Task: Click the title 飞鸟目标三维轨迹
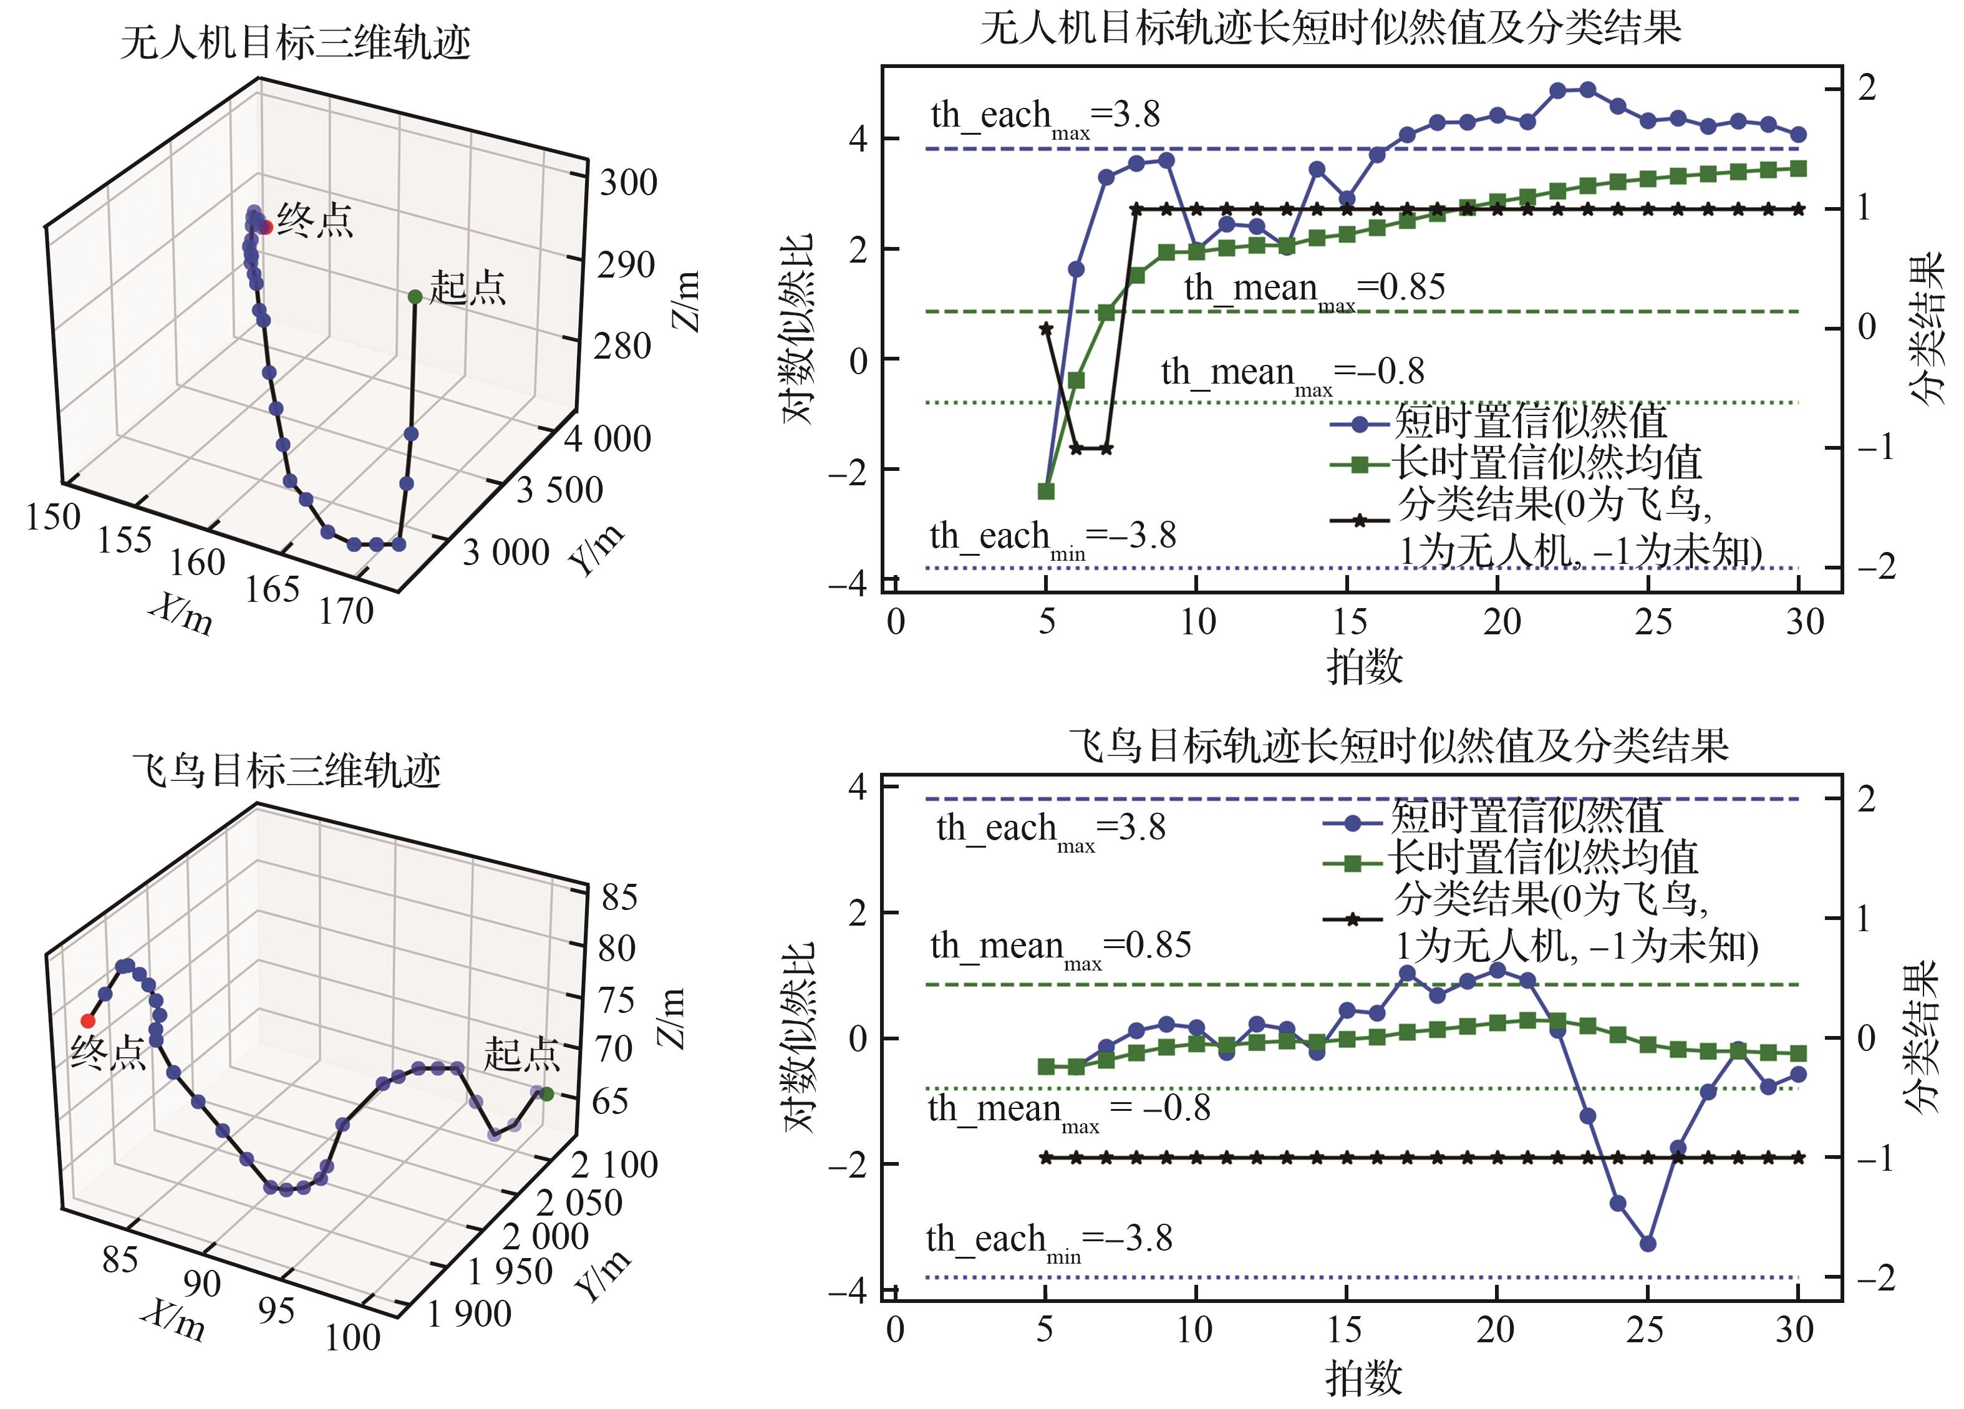[x=287, y=770]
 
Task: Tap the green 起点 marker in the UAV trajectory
[x=415, y=297]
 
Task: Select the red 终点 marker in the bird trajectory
[x=87, y=1021]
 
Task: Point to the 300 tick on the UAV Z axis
[x=629, y=183]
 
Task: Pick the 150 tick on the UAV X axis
[x=53, y=517]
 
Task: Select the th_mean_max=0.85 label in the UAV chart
[x=1313, y=288]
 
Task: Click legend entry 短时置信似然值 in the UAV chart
[x=1529, y=422]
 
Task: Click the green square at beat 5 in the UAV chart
[x=1046, y=491]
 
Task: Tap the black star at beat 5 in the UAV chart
[x=1046, y=328]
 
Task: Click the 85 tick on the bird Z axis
[x=619, y=897]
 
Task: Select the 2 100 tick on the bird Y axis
[x=614, y=1164]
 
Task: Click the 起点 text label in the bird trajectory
[x=521, y=1054]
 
